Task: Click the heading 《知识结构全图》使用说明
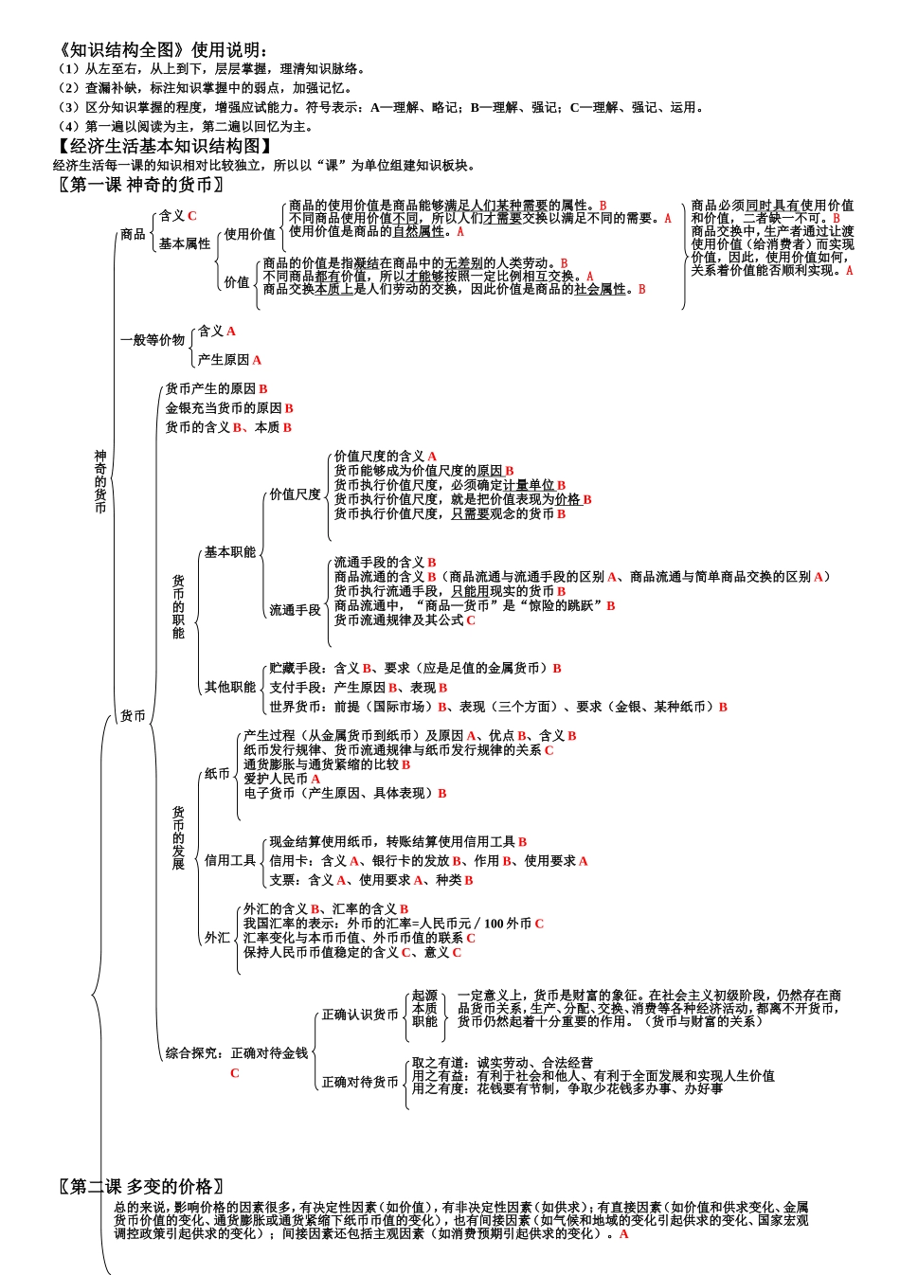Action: pyautogui.click(x=162, y=50)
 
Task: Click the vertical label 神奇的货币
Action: pyautogui.click(x=100, y=482)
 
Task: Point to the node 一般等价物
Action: pyautogui.click(x=152, y=340)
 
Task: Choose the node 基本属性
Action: pyautogui.click(x=185, y=243)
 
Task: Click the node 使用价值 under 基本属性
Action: pyautogui.click(x=249, y=234)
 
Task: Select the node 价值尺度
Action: pyautogui.click(x=295, y=494)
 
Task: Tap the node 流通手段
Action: pyautogui.click(x=295, y=610)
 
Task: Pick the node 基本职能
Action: pyautogui.click(x=230, y=552)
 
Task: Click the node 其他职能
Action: pyautogui.click(x=230, y=687)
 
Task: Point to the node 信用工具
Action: pyautogui.click(x=230, y=860)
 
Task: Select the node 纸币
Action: pyautogui.click(x=218, y=774)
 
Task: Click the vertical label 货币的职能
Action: pyautogui.click(x=178, y=606)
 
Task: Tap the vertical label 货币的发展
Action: pyautogui.click(x=178, y=838)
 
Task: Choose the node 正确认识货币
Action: pyautogui.click(x=360, y=1015)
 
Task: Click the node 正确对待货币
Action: pyautogui.click(x=360, y=1082)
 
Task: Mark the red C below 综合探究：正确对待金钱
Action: pyautogui.click(x=235, y=1073)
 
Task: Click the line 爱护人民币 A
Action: pyautogui.click(x=281, y=779)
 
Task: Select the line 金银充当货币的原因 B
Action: pyautogui.click(x=229, y=408)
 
